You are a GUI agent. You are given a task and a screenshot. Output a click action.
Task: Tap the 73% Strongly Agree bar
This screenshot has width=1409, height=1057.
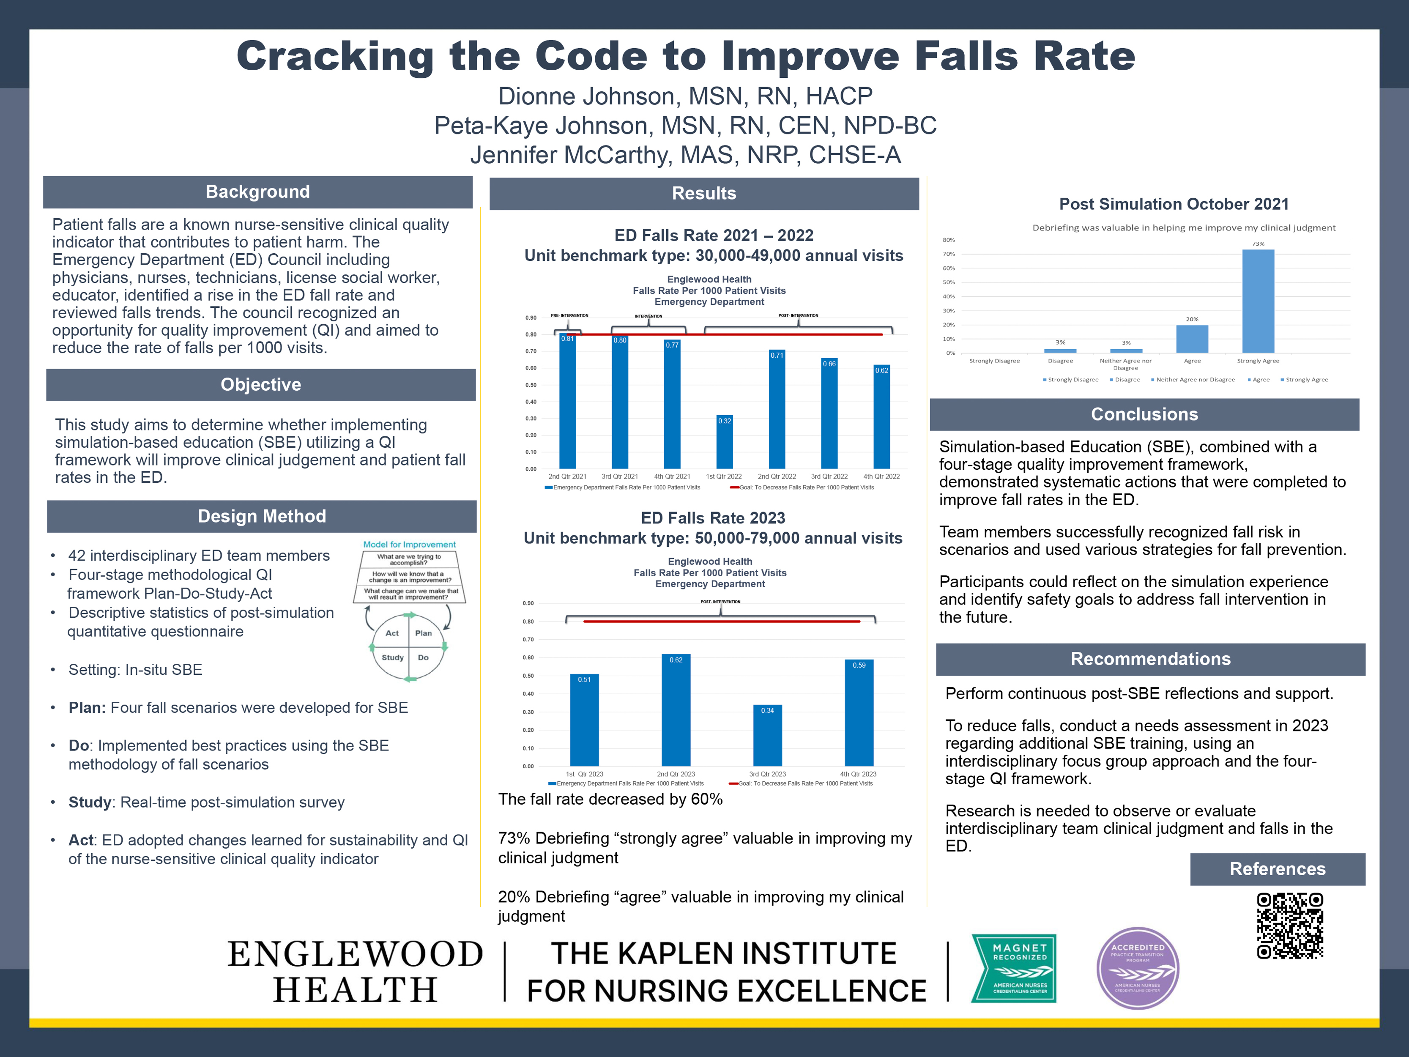[1258, 301]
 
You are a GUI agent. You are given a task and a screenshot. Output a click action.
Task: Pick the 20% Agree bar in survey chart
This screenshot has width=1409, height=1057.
[1192, 339]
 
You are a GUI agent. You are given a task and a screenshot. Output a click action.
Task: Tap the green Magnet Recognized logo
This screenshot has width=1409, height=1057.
[1013, 968]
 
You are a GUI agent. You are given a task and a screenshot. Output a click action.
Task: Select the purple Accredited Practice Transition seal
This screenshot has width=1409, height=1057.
[1138, 968]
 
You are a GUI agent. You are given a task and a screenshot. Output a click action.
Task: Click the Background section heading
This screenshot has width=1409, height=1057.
[257, 192]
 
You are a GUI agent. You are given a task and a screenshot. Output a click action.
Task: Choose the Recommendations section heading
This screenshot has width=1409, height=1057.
[1150, 659]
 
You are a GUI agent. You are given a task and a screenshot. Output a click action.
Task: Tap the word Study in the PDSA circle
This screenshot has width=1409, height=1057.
[392, 657]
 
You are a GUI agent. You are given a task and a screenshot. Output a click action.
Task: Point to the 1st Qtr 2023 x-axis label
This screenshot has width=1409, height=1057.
[584, 774]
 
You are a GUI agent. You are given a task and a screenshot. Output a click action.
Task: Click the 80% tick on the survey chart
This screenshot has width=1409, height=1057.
[949, 240]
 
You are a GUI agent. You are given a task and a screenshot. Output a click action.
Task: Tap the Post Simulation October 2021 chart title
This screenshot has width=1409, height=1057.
[1173, 204]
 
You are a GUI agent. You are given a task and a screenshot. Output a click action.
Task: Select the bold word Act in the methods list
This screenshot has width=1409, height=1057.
[81, 841]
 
